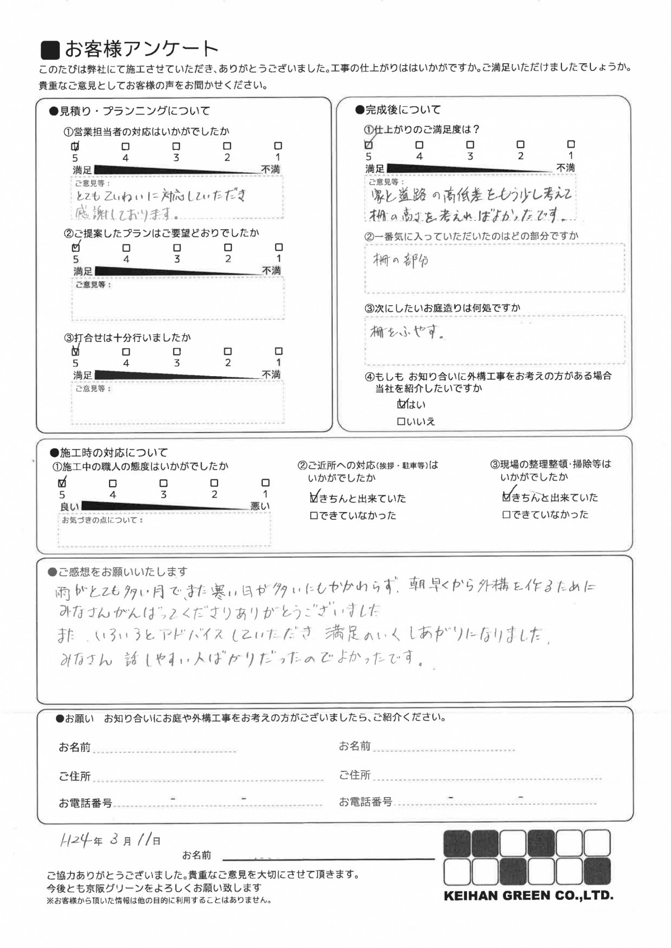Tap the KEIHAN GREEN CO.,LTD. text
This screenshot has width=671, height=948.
tap(528, 895)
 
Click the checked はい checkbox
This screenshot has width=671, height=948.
tap(401, 404)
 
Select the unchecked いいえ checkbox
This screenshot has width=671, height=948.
tap(400, 421)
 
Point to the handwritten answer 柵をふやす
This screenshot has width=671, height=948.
tap(407, 333)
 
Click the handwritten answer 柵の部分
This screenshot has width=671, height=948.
tap(401, 261)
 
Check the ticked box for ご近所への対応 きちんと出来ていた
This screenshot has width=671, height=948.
tap(314, 497)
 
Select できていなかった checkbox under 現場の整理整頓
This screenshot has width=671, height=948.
tap(507, 515)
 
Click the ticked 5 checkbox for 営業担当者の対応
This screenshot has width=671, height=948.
tap(75, 146)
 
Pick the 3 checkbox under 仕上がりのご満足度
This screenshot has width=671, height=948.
tap(470, 145)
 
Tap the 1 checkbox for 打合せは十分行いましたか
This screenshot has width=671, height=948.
tap(278, 351)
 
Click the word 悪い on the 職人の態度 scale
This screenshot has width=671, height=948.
tap(260, 506)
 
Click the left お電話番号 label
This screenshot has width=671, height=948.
tap(85, 803)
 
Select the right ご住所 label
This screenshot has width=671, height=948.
tap(355, 775)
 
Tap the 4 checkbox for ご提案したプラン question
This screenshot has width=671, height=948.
tap(126, 248)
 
